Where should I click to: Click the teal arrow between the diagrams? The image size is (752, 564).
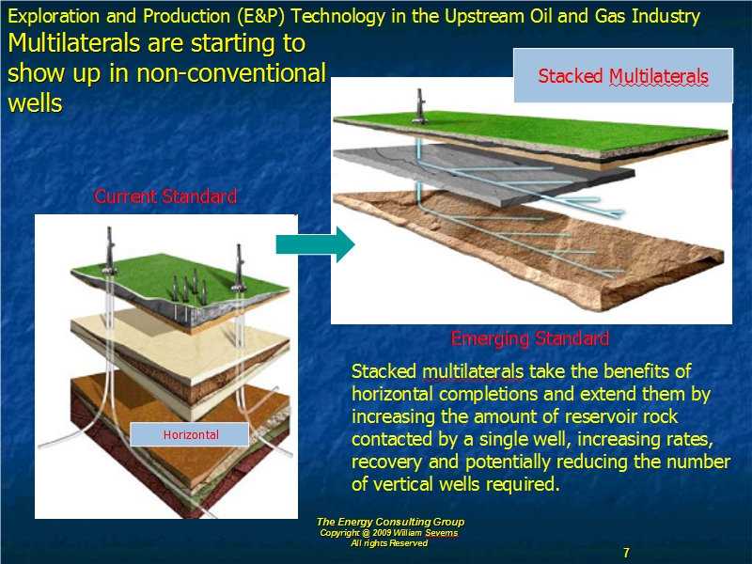(315, 244)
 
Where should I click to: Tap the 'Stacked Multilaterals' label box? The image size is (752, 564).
(623, 76)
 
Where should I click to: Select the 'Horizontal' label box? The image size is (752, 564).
(190, 434)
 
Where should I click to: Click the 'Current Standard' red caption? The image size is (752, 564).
(165, 196)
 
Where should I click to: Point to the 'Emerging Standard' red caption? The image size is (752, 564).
(530, 338)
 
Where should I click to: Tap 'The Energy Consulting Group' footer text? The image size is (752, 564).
(390, 522)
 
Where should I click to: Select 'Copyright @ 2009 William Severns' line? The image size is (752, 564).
(389, 533)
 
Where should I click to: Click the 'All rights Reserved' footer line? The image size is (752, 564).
(389, 543)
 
